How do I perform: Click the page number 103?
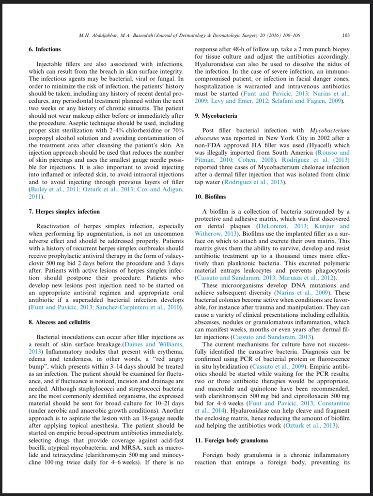click(346, 35)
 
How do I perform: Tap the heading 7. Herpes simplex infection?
click(64, 212)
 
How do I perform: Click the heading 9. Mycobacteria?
click(216, 116)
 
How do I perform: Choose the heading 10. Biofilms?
click(211, 197)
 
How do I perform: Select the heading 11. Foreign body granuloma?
click(232, 441)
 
